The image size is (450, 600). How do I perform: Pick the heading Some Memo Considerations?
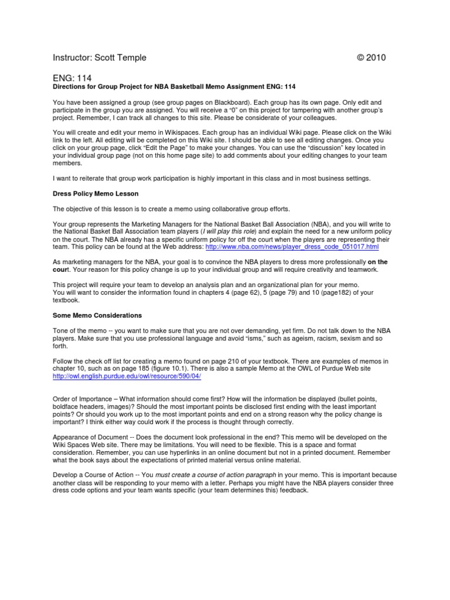click(97, 315)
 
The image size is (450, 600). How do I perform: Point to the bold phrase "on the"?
click(374, 262)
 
